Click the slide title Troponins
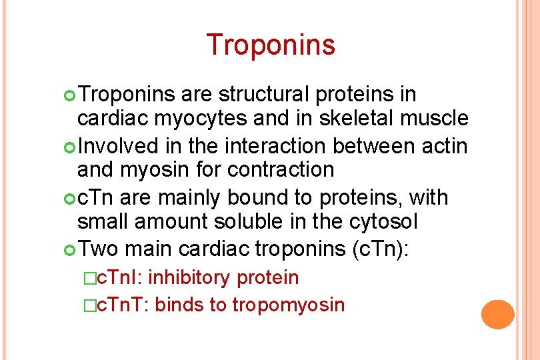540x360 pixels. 270,45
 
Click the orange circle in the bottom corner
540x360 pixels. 498,315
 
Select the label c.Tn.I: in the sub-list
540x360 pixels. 119,277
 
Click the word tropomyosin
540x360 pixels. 288,305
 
